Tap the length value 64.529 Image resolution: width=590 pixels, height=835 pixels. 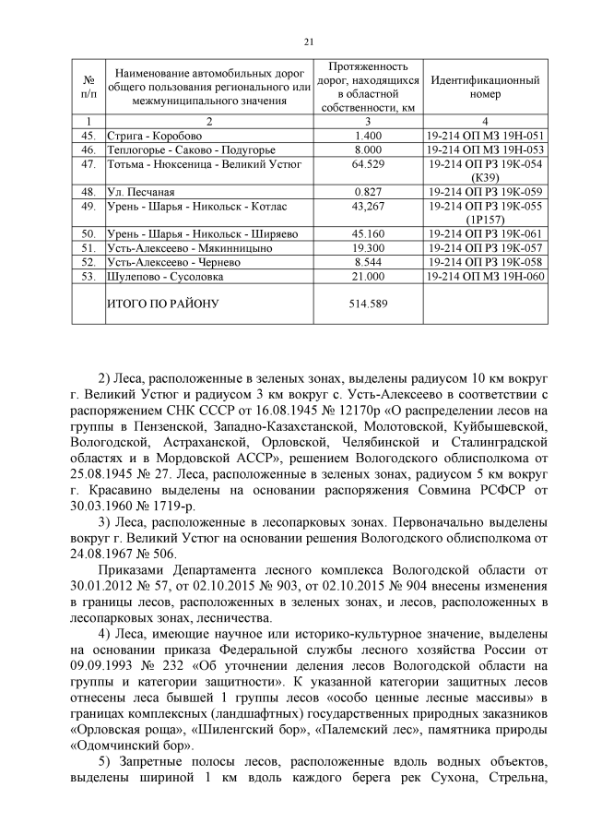[x=368, y=163]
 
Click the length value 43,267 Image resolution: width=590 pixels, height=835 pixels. [x=368, y=206]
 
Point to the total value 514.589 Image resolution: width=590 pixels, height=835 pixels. [x=368, y=303]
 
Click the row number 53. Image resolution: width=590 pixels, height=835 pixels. [x=88, y=276]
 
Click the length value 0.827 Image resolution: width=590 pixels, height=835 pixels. [x=368, y=191]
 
